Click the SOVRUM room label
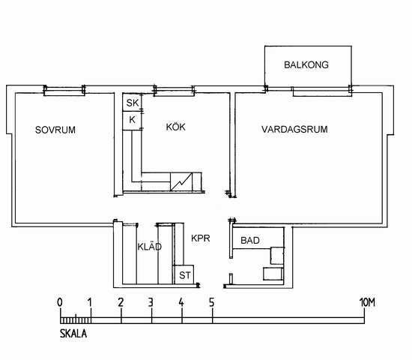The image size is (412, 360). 55,130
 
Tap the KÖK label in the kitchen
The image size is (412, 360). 176,127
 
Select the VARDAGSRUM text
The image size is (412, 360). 294,129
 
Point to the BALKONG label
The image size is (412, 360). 306,64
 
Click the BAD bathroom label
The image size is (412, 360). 250,240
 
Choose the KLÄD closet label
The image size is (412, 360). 150,246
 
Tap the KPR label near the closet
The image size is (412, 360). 201,238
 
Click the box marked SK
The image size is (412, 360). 132,102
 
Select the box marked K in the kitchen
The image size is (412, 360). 132,121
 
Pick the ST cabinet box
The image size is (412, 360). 184,274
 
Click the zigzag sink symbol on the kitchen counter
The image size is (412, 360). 181,181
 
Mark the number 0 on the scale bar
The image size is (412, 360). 60,303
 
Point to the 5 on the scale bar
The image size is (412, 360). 212,303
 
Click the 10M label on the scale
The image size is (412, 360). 367,303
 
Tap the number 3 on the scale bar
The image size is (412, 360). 151,303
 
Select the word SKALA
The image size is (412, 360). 73,334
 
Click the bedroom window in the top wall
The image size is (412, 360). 64,90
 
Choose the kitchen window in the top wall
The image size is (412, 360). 175,91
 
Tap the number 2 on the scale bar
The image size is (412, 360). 121,303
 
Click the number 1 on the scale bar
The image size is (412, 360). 90,303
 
